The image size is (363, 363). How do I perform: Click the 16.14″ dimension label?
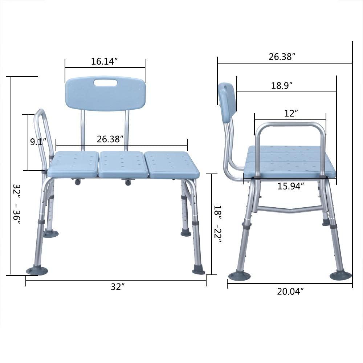click(105, 61)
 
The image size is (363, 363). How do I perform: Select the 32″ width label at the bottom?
click(116, 287)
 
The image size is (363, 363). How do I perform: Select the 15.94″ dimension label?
click(290, 186)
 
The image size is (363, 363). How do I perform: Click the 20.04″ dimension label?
click(290, 291)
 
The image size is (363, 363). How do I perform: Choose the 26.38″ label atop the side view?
click(282, 57)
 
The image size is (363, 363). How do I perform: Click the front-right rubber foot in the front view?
click(199, 270)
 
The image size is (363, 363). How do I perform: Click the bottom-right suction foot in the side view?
click(340, 275)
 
